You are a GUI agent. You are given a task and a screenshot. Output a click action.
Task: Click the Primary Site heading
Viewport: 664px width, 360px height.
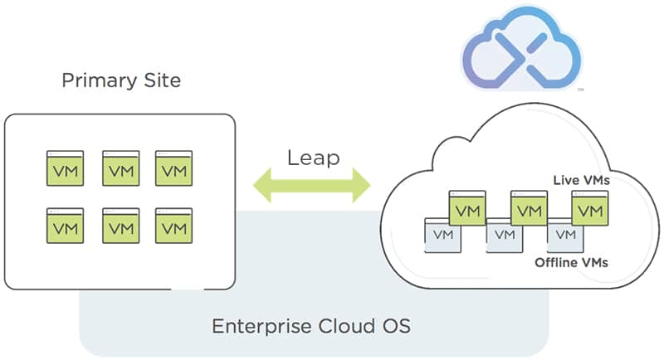(121, 81)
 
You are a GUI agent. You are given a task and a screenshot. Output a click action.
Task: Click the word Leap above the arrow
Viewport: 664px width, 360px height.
(313, 158)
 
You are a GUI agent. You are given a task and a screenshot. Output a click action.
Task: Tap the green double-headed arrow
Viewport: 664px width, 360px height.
(313, 184)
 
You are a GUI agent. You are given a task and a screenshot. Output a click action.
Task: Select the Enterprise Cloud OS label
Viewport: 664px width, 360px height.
(311, 325)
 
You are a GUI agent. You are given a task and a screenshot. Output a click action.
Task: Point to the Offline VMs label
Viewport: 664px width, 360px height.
(572, 262)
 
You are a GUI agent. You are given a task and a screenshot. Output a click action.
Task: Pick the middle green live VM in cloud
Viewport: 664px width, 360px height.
(528, 208)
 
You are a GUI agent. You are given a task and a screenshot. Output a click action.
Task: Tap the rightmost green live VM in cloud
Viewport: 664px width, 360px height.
(589, 208)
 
